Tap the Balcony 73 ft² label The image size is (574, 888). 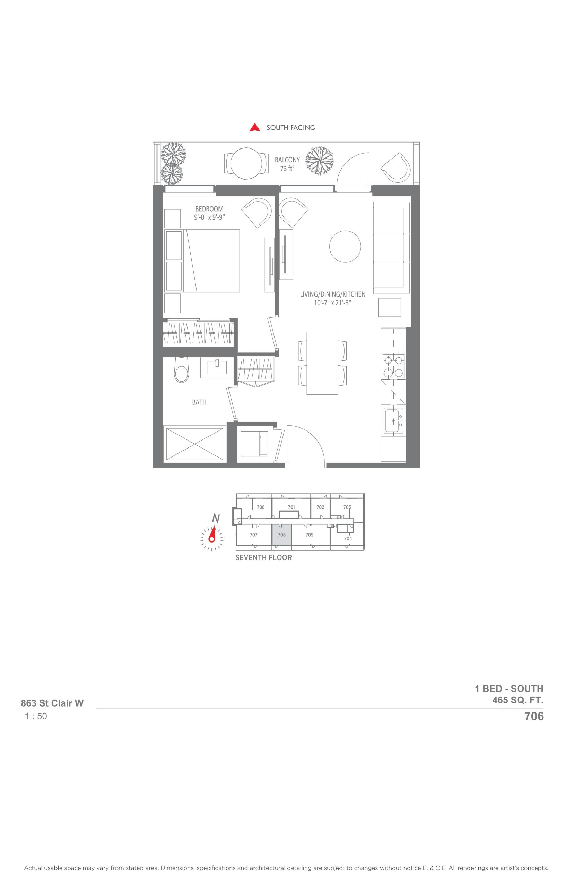pyautogui.click(x=287, y=164)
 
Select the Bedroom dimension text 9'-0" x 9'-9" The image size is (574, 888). pyautogui.click(x=209, y=217)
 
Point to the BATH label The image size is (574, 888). pyautogui.click(x=199, y=402)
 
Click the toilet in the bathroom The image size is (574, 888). pyautogui.click(x=182, y=370)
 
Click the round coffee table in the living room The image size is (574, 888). pyautogui.click(x=345, y=247)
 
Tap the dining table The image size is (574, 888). pyautogui.click(x=322, y=363)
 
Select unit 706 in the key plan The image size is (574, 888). pyautogui.click(x=281, y=535)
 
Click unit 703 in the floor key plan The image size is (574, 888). pyautogui.click(x=347, y=507)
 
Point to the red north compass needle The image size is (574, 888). pyautogui.click(x=212, y=534)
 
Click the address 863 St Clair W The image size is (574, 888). pyautogui.click(x=52, y=703)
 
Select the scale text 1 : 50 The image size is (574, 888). pyautogui.click(x=36, y=716)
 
